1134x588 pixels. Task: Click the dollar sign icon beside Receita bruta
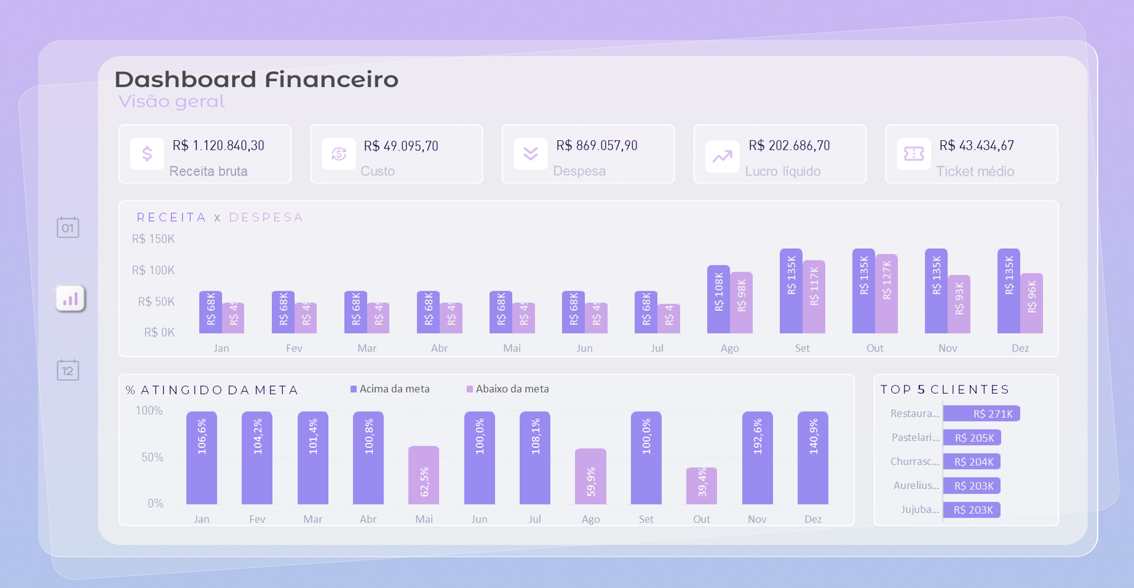click(147, 154)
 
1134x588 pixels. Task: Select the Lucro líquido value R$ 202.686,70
click(789, 146)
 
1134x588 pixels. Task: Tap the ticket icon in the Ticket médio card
click(914, 154)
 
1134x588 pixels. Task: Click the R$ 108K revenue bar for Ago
click(718, 299)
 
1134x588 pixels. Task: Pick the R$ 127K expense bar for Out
click(887, 294)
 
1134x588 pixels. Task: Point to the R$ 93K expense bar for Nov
click(959, 304)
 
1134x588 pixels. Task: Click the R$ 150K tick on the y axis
click(153, 239)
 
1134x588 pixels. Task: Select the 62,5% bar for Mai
click(424, 475)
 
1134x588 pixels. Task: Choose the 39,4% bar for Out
click(702, 485)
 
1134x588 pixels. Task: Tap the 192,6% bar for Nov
click(757, 458)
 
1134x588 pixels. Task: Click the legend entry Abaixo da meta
click(508, 389)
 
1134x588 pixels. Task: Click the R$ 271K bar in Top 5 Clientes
click(981, 414)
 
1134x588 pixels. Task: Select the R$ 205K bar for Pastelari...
click(972, 437)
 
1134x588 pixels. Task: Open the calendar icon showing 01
click(68, 227)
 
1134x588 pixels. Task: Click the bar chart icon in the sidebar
click(70, 299)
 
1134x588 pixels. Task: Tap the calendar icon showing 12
click(68, 370)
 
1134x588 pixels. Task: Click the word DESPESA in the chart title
click(266, 218)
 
